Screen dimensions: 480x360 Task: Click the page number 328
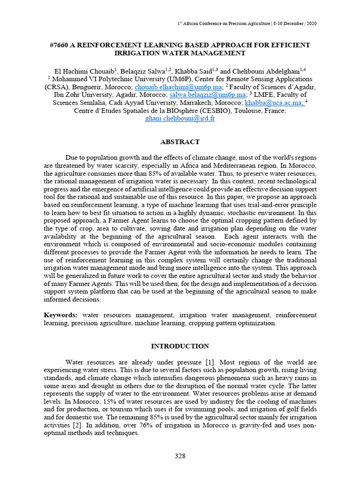(180, 456)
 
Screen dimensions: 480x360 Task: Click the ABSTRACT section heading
(180, 142)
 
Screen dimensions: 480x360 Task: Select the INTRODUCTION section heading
(180, 346)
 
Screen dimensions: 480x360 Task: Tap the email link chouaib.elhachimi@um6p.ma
(178, 88)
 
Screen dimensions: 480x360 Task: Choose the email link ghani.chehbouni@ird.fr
(180, 119)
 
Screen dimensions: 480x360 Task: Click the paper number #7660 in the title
(59, 45)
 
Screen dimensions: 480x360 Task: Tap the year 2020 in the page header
(310, 23)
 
